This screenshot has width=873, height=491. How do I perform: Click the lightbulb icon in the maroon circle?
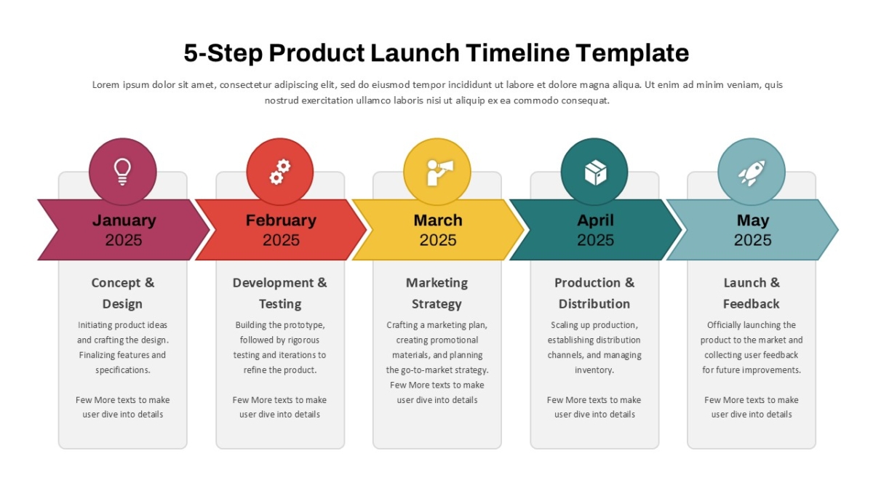pyautogui.click(x=122, y=172)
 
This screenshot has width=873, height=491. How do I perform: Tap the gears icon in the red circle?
pyautogui.click(x=280, y=172)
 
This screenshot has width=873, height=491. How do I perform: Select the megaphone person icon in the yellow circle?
pyautogui.click(x=440, y=172)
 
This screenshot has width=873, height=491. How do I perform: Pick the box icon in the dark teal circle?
pyautogui.click(x=596, y=172)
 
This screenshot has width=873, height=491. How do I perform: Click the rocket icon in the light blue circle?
pyautogui.click(x=752, y=173)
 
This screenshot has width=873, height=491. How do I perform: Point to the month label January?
pyautogui.click(x=124, y=220)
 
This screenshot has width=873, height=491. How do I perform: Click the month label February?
pyautogui.click(x=281, y=220)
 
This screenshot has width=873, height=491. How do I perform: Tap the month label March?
pyautogui.click(x=438, y=220)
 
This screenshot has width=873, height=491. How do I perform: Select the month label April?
pyautogui.click(x=595, y=220)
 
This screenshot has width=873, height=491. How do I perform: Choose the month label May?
pyautogui.click(x=752, y=220)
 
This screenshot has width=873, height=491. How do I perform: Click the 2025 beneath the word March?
pyautogui.click(x=438, y=240)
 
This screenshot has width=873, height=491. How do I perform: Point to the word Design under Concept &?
pyautogui.click(x=122, y=304)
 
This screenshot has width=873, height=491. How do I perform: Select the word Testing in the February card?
pyautogui.click(x=280, y=304)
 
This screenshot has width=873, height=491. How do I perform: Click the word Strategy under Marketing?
pyautogui.click(x=436, y=304)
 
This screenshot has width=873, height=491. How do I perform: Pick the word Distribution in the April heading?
pyautogui.click(x=594, y=304)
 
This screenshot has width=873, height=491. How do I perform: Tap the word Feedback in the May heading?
pyautogui.click(x=751, y=304)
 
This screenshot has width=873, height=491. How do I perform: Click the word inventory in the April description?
pyautogui.click(x=594, y=370)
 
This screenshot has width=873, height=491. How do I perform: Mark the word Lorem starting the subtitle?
pyautogui.click(x=105, y=84)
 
